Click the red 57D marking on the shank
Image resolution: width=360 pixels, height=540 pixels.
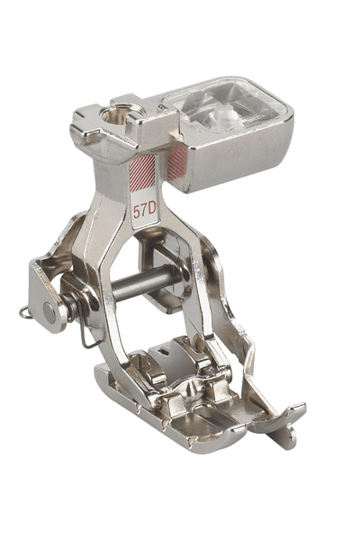point(145,211)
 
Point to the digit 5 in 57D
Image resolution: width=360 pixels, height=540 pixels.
point(137,212)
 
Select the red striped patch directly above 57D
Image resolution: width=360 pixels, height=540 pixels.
point(142,173)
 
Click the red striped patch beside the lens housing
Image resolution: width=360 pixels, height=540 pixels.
point(178,162)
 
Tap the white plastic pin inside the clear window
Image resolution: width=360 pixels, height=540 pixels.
point(221,115)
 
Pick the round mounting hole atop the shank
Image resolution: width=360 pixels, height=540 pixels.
point(116,114)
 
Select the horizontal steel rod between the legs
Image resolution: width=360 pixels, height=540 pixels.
point(145,282)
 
